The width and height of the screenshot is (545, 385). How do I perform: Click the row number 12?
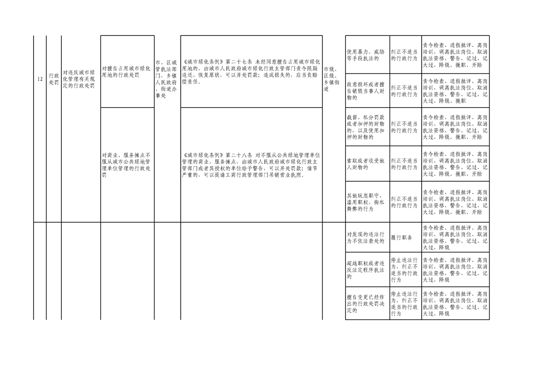(40, 79)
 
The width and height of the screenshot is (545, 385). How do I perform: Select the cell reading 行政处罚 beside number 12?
(53, 79)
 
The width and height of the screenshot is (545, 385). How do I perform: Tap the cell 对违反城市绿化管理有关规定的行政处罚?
(79, 79)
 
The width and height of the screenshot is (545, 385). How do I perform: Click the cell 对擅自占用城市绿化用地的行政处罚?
(126, 71)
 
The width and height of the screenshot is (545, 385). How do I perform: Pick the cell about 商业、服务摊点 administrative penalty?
(126, 165)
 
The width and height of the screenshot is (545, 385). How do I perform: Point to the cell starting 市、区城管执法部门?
(166, 79)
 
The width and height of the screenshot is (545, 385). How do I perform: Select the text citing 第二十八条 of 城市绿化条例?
(251, 165)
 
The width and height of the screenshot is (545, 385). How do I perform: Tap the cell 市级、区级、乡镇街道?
(332, 79)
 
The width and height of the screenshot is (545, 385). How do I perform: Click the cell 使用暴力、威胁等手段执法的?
(366, 55)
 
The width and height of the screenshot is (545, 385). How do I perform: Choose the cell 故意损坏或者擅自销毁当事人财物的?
(366, 91)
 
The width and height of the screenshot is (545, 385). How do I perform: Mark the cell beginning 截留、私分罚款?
(366, 127)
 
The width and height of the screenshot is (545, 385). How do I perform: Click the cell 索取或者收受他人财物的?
(366, 164)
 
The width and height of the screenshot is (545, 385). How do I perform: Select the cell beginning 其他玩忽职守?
(366, 202)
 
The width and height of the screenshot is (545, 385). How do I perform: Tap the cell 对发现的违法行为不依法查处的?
(366, 238)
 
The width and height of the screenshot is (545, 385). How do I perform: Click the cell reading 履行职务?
(402, 238)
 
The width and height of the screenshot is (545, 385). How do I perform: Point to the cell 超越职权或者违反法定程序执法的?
(366, 270)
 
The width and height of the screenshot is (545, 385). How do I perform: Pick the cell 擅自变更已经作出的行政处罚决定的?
(366, 304)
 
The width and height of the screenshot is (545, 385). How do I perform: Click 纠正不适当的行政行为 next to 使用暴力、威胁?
(404, 55)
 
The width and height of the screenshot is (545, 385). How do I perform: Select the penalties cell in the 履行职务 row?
(455, 238)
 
